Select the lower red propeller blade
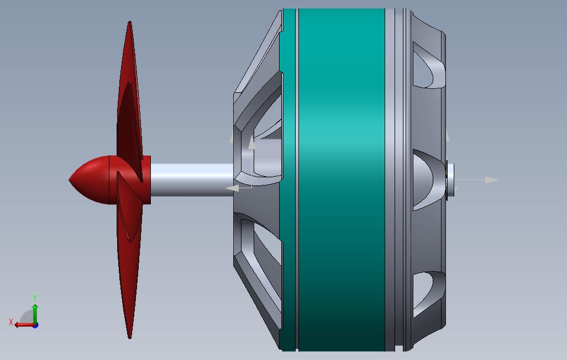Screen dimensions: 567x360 click(x=129, y=260)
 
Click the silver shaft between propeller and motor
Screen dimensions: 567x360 click(x=192, y=180)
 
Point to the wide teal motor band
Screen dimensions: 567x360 click(x=341, y=179)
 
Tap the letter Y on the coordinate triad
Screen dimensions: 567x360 click(x=35, y=298)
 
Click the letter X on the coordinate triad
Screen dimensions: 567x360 click(x=11, y=322)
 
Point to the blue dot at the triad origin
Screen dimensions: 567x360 click(x=35, y=325)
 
